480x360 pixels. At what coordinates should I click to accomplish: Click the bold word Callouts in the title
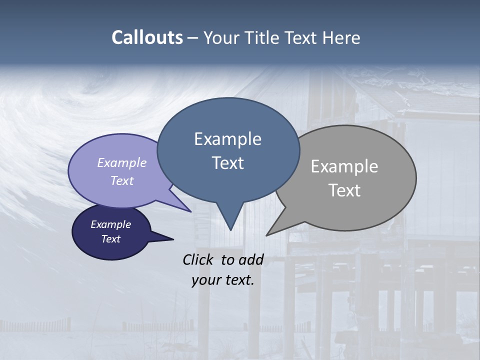147,37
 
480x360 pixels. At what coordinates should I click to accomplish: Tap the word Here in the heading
341,37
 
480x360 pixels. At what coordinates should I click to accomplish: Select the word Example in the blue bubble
227,139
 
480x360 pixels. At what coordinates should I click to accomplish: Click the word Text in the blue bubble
227,163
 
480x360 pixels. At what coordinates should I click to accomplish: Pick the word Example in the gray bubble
344,166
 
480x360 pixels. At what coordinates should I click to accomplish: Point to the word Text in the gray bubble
344,190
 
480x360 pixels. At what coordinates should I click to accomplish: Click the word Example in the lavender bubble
122,162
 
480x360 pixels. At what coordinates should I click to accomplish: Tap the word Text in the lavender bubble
122,180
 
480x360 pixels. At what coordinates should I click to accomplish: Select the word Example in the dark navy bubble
110,224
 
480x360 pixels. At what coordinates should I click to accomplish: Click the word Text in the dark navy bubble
110,239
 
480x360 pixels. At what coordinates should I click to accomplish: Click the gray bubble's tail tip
268,234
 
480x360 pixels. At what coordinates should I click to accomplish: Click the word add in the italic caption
251,259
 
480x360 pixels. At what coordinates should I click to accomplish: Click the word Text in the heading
303,37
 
